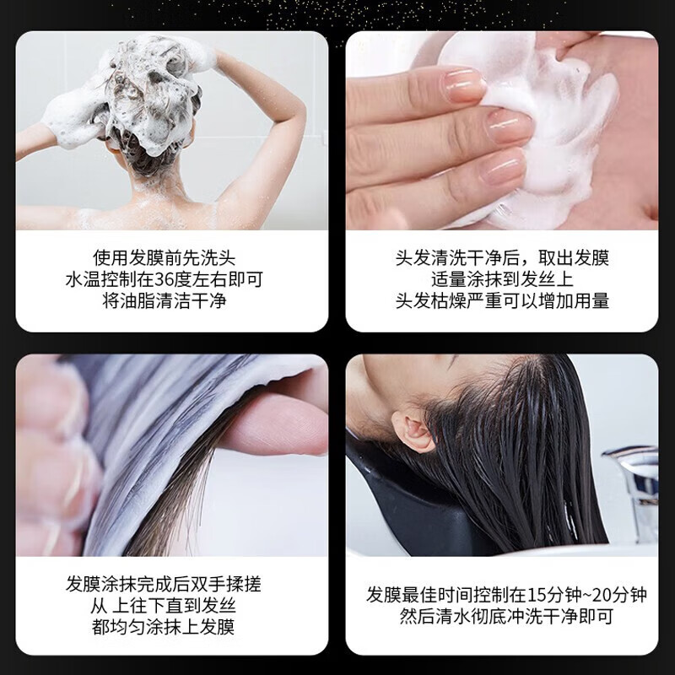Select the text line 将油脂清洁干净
(172, 301)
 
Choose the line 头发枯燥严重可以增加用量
(502, 301)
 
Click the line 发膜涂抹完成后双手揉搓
(172, 583)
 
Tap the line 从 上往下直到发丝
(172, 605)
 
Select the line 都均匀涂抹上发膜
(172, 627)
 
